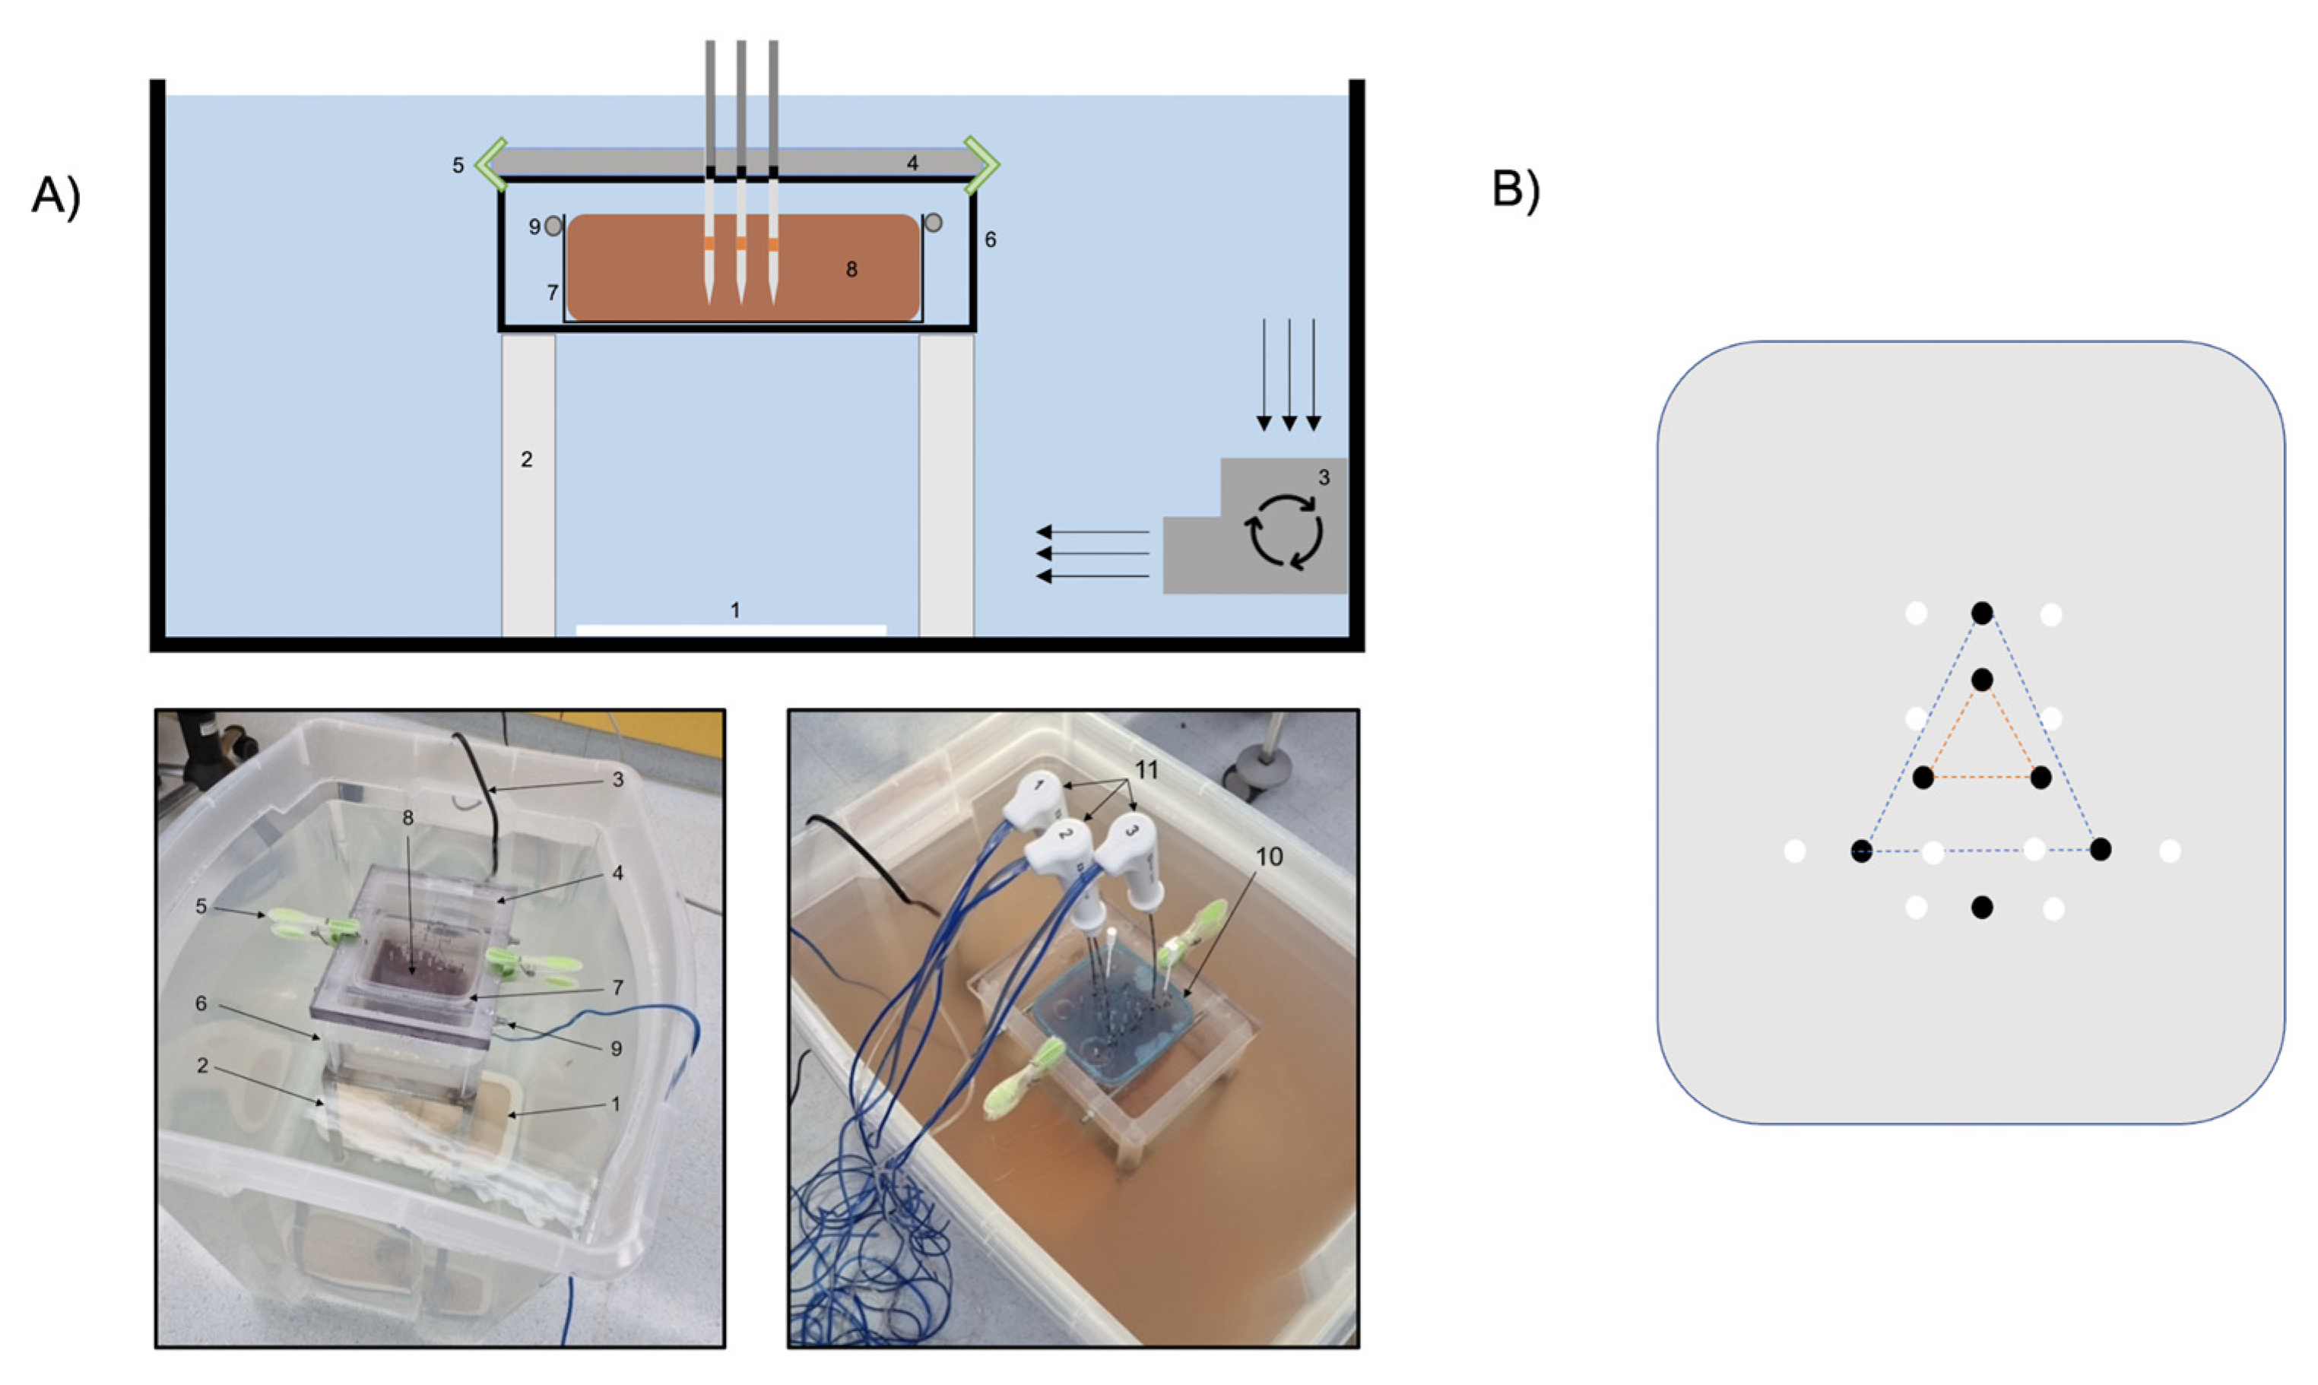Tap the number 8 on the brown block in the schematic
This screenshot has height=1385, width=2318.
(851, 269)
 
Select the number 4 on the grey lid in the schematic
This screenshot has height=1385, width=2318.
(912, 163)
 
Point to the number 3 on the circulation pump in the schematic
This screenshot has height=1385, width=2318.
(1324, 478)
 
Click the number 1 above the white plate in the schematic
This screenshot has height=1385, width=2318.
(735, 610)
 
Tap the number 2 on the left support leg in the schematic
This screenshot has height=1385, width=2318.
(526, 459)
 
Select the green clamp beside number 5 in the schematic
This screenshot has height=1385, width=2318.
(492, 165)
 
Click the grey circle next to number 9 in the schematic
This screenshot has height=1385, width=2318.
(553, 226)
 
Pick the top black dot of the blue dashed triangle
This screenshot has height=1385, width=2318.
(1982, 613)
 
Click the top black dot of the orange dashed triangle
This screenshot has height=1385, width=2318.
(1982, 679)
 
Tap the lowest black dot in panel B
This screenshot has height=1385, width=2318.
(1982, 907)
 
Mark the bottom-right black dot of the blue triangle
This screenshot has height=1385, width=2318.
(2101, 849)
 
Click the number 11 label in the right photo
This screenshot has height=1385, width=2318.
(1146, 769)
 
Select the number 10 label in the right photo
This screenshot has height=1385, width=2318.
(1268, 856)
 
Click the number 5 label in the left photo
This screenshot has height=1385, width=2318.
(201, 905)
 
